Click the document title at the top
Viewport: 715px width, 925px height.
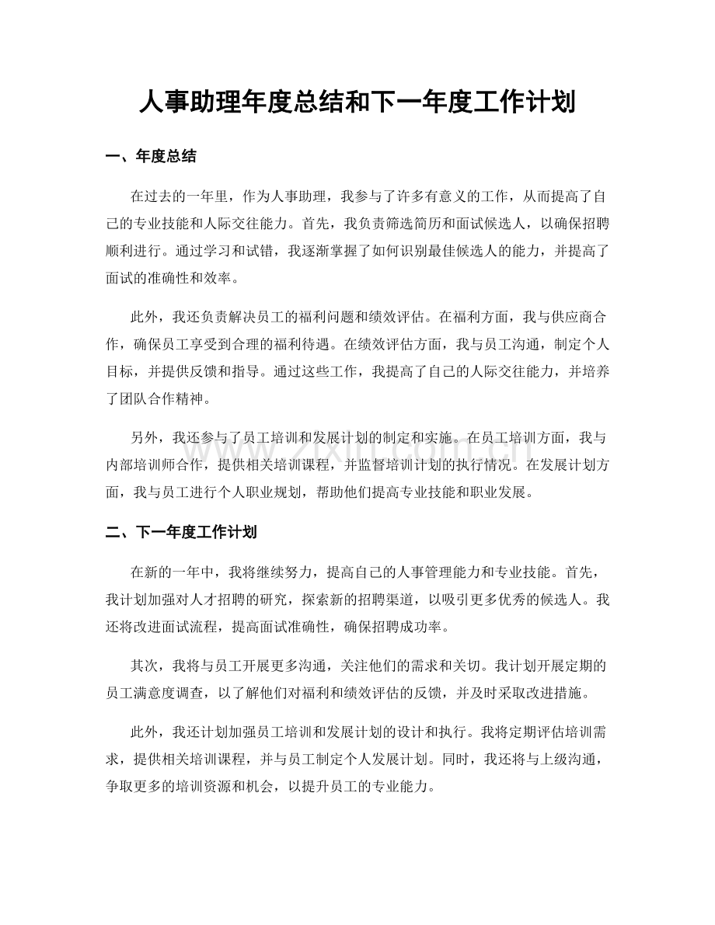click(x=357, y=102)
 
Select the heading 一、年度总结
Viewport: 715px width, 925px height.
click(x=151, y=157)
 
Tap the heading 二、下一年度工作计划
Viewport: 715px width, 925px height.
click(x=181, y=533)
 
